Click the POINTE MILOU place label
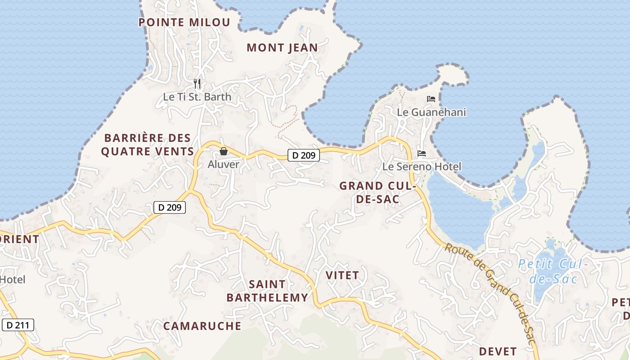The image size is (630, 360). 184,22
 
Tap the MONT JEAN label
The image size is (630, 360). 282,47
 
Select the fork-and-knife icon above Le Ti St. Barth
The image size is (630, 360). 197,84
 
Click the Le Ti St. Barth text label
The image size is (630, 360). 197,97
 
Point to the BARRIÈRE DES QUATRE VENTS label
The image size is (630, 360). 148,144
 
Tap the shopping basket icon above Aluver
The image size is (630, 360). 223,151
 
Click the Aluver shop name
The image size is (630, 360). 223,164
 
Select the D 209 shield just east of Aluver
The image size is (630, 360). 304,155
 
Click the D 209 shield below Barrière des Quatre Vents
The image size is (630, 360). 170,207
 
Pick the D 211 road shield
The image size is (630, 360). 18,324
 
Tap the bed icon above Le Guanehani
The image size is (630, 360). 431,99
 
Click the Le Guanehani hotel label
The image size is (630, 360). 431,112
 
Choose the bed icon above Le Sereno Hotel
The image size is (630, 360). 422,153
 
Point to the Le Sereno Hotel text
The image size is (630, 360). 422,166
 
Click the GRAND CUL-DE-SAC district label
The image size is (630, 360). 376,192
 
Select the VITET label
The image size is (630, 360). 342,275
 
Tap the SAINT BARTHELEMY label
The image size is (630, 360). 267,291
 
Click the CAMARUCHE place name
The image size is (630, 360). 202,326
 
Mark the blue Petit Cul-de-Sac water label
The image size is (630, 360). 553,271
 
